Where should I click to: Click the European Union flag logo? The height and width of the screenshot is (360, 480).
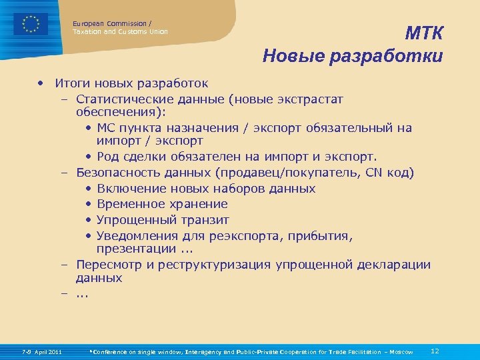pyautogui.click(x=31, y=24)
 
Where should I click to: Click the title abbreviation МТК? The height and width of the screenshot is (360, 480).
pyautogui.click(x=424, y=34)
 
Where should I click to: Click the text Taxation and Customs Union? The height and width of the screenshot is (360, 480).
pyautogui.click(x=120, y=31)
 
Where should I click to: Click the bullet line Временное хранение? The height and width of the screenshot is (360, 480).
pyautogui.click(x=162, y=204)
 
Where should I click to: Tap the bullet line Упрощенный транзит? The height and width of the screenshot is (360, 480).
pyautogui.click(x=163, y=219)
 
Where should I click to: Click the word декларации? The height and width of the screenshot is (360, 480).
pyautogui.click(x=393, y=265)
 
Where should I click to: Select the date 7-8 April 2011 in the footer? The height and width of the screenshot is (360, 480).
pyautogui.click(x=42, y=351)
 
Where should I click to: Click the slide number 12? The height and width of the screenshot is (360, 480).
pyautogui.click(x=435, y=351)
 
